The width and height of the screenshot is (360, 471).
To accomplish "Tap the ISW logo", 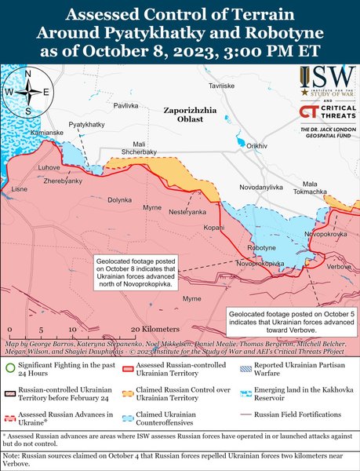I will (325, 82).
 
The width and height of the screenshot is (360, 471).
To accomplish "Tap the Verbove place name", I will (339, 267).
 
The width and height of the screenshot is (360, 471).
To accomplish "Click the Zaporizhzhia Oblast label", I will (193, 115).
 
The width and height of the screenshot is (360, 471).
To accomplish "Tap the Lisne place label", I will (20, 189).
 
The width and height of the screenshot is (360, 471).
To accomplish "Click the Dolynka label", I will (120, 200).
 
